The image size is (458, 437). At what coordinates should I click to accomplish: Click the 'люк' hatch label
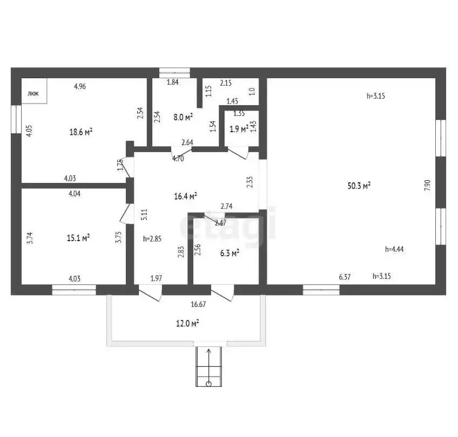point(33,94)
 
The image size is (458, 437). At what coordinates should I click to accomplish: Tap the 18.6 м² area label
point(81,132)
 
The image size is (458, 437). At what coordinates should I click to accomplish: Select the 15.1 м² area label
point(78,238)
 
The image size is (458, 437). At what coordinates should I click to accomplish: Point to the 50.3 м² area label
point(359,186)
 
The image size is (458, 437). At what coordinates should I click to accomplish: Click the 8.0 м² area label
point(183,117)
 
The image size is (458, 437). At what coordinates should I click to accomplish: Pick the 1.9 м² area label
point(239,129)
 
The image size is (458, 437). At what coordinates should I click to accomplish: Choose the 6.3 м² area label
point(230,253)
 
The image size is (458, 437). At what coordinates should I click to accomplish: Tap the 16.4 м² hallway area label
point(185,196)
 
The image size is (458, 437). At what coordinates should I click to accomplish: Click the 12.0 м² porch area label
point(187,323)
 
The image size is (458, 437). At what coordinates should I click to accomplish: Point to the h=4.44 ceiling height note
point(394,249)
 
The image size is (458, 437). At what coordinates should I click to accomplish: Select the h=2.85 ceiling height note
point(152,239)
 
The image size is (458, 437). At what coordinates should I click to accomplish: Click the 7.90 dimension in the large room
point(427,185)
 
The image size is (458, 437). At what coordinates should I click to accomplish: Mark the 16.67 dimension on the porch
point(198,305)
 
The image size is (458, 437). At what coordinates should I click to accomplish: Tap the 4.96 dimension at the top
point(80,86)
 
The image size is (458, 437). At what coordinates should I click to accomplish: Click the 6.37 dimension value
point(345,277)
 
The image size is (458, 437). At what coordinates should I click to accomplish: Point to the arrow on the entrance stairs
point(209,365)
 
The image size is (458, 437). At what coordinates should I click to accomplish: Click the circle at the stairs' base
point(208,384)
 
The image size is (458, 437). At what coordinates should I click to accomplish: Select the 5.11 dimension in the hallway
point(144,214)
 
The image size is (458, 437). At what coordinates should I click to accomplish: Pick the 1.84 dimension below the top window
point(173,82)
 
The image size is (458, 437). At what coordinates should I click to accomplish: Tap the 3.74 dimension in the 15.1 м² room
point(30,238)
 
